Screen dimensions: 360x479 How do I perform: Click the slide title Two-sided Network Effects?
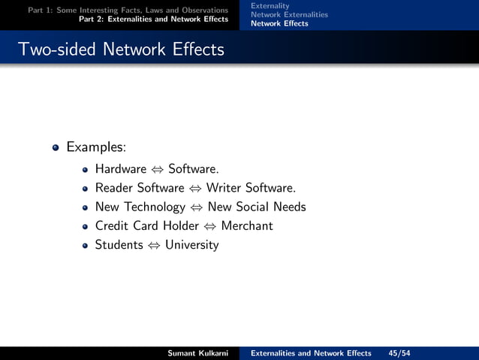click(x=120, y=50)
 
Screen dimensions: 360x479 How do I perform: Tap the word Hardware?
click(x=121, y=168)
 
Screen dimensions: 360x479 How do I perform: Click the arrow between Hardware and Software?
click(x=158, y=169)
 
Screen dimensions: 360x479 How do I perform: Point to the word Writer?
click(x=224, y=188)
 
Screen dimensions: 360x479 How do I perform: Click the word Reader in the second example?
click(x=113, y=188)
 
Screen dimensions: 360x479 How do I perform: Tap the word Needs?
click(x=291, y=207)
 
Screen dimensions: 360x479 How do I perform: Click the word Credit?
click(x=112, y=225)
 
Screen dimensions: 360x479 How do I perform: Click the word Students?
click(x=119, y=244)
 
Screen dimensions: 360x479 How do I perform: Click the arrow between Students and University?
click(x=154, y=245)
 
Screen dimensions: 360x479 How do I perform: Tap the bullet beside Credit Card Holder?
click(x=86, y=226)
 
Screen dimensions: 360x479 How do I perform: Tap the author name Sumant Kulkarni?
click(x=198, y=353)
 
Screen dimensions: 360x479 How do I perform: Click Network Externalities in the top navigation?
click(x=289, y=14)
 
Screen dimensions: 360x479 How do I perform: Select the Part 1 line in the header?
click(x=128, y=10)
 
